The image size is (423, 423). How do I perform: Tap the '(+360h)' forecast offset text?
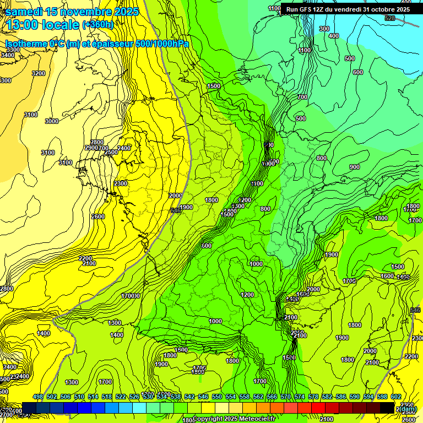pos(98,24)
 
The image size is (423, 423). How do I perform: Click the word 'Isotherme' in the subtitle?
pos(26,44)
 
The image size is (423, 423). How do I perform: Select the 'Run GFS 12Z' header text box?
pos(348,9)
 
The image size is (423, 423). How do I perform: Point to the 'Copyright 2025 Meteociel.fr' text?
pos(234,419)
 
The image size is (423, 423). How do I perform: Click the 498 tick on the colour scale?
pos(38,397)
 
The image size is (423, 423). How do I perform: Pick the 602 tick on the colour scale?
pos(396,397)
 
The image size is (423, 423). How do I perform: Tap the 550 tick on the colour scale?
pos(217,397)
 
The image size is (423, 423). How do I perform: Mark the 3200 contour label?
pos(39,73)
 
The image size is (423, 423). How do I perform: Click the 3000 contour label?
pos(52,121)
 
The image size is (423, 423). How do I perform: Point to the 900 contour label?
pos(354,167)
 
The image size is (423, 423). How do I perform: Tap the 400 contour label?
pos(334,36)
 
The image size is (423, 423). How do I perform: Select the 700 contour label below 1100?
pos(302,97)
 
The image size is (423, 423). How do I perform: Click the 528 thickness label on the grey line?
pos(390,18)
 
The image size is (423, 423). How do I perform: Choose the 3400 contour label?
pos(8,55)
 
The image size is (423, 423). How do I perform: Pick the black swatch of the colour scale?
pos(387,408)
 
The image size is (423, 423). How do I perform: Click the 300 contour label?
pos(324,29)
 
